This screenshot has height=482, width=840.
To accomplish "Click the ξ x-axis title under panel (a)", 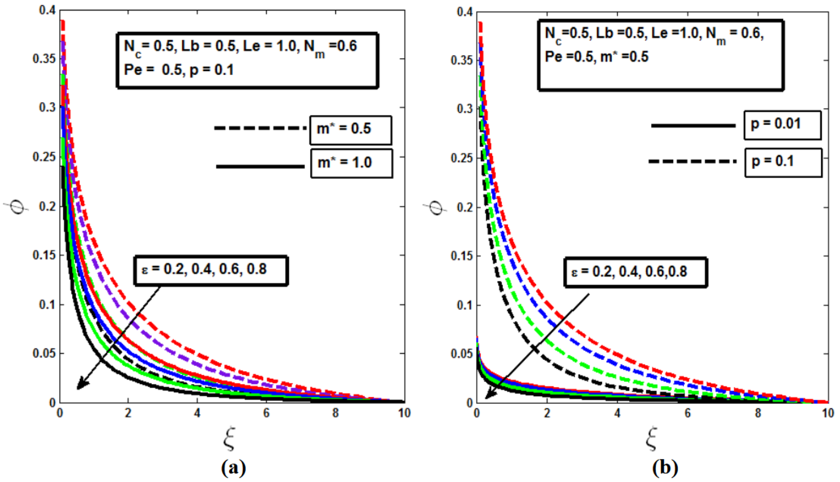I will [229, 439].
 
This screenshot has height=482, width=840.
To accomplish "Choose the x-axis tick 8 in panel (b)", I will [758, 413].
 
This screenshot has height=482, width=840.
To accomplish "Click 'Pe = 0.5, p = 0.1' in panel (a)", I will [179, 70].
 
